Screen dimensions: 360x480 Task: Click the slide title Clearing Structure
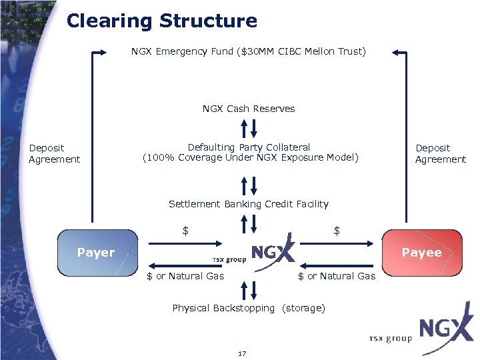pyautogui.click(x=162, y=21)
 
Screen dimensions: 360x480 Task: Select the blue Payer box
pyautogui.click(x=97, y=253)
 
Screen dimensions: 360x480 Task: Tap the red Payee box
pyautogui.click(x=421, y=253)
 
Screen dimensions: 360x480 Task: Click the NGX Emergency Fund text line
pyautogui.click(x=248, y=51)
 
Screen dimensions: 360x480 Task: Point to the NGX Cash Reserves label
pyautogui.click(x=248, y=109)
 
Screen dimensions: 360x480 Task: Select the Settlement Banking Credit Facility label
pyautogui.click(x=248, y=204)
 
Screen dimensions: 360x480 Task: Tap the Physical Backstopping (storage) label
pyautogui.click(x=248, y=308)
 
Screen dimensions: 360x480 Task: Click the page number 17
pyautogui.click(x=242, y=353)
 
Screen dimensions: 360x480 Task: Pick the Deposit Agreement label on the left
pyautogui.click(x=54, y=153)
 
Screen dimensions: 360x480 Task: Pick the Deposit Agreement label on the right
pyautogui.click(x=441, y=153)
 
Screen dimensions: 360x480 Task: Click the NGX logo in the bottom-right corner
pyautogui.click(x=445, y=331)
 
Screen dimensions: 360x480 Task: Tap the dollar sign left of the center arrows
pyautogui.click(x=186, y=231)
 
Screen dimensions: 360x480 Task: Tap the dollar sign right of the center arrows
pyautogui.click(x=337, y=231)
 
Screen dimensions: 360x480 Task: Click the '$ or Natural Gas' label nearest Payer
pyautogui.click(x=185, y=275)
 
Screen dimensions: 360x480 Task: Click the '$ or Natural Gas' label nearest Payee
pyautogui.click(x=337, y=275)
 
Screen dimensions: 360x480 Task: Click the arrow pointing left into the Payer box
pyautogui.click(x=175, y=263)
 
